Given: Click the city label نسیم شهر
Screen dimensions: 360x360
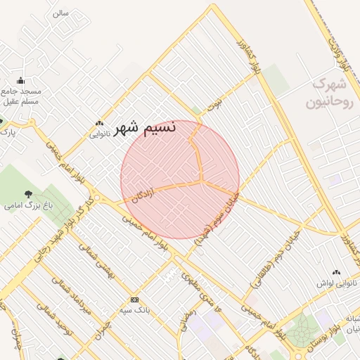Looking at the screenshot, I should [146, 129].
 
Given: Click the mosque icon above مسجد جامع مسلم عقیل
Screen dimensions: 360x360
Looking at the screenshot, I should [20, 80].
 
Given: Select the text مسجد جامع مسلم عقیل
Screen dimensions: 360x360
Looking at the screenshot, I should [20, 96].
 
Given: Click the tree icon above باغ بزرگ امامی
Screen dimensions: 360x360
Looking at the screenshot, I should [29, 194].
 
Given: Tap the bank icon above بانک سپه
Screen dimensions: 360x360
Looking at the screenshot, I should [134, 300].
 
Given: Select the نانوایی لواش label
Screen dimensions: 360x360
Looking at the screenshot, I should [337, 283].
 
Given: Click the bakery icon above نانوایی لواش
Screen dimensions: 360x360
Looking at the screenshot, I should [336, 272].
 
